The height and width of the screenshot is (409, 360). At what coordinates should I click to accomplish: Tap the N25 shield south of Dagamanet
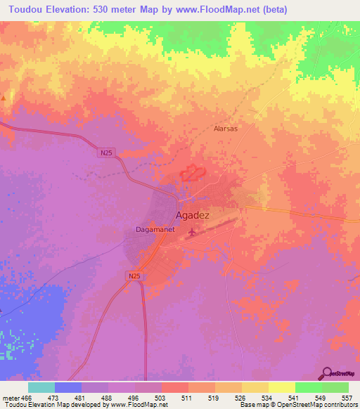coord(135,277)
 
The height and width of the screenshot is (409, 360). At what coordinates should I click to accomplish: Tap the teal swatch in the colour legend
coord(41,387)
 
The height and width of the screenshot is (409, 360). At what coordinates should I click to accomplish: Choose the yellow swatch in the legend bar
coord(281,387)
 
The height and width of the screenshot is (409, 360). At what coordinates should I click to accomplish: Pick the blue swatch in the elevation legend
coord(68,387)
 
